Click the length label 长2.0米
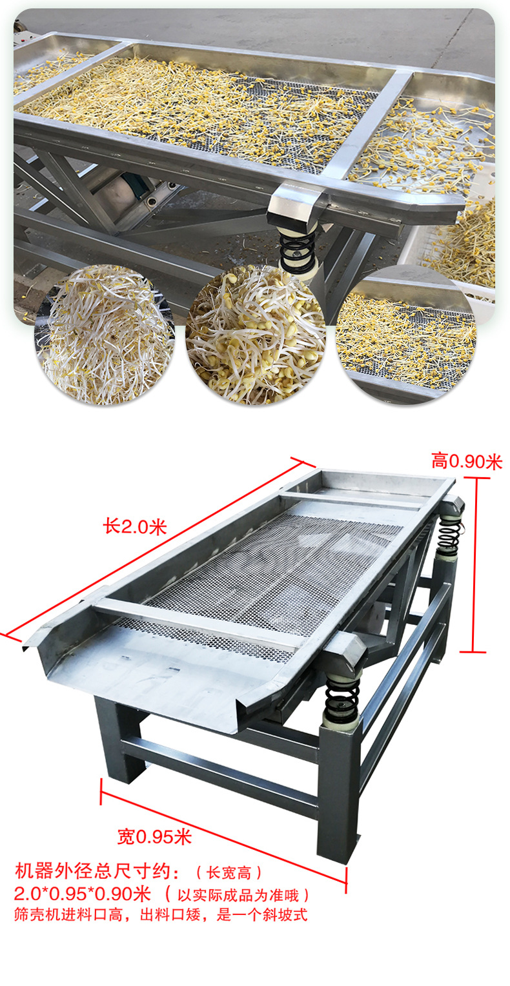(135, 526)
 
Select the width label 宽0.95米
(154, 836)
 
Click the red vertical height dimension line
(474, 565)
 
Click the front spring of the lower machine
(342, 698)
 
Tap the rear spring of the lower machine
(449, 533)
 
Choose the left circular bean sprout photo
(105, 335)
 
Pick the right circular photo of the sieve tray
(406, 335)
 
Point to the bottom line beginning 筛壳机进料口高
(161, 914)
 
